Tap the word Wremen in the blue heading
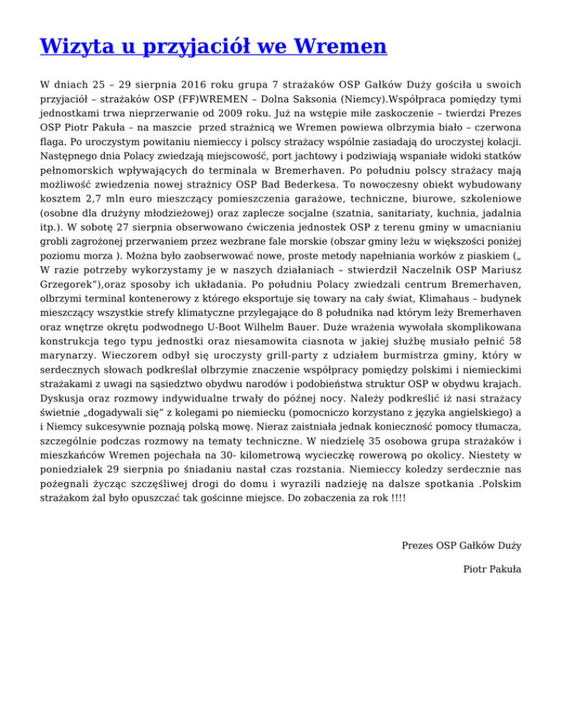[x=341, y=47]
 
